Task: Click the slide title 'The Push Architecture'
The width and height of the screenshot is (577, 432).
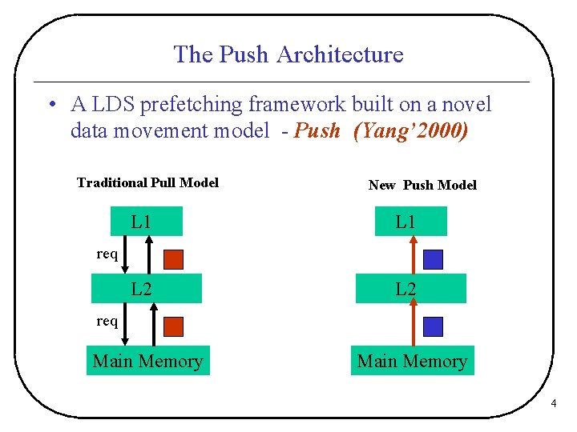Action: pyautogui.click(x=288, y=54)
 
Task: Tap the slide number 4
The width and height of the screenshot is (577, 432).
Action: pyautogui.click(x=553, y=405)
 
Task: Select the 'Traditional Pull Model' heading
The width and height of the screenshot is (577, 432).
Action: pyautogui.click(x=147, y=182)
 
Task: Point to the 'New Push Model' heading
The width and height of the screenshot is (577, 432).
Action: pyautogui.click(x=422, y=185)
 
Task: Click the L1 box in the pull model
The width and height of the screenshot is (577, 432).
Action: pyautogui.click(x=142, y=222)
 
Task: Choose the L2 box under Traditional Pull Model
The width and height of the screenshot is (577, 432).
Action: pyautogui.click(x=147, y=289)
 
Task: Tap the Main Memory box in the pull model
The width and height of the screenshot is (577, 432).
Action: pyautogui.click(x=148, y=361)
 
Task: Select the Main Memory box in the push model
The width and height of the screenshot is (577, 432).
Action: pyautogui.click(x=412, y=361)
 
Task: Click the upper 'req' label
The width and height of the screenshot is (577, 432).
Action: pyautogui.click(x=107, y=254)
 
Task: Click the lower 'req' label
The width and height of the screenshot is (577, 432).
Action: pyautogui.click(x=107, y=322)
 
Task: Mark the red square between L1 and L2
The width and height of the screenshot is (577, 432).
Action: pyautogui.click(x=174, y=259)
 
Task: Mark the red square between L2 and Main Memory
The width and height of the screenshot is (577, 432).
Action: pyautogui.click(x=174, y=326)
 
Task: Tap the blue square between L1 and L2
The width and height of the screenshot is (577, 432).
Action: pyautogui.click(x=433, y=259)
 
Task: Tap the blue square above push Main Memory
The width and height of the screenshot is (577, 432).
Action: pyautogui.click(x=433, y=326)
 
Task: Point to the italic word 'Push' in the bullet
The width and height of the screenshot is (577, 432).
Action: pyautogui.click(x=317, y=130)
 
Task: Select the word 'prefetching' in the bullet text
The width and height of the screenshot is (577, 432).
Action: pyautogui.click(x=199, y=104)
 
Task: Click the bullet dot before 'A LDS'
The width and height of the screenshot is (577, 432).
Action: pyautogui.click(x=50, y=105)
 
